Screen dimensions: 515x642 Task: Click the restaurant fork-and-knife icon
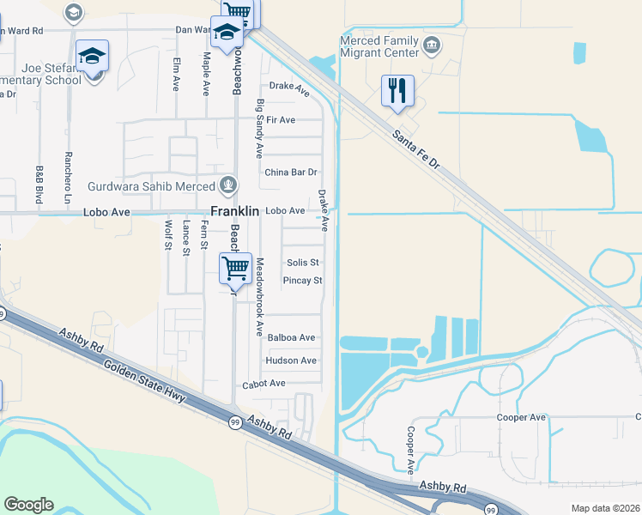tap(397, 90)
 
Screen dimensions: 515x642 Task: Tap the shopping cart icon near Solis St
tap(235, 268)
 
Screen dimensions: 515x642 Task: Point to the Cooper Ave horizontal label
tap(521, 417)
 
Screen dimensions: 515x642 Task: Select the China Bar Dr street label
tap(291, 172)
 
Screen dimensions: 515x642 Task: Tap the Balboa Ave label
tap(291, 338)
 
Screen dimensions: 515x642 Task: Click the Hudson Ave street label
tap(291, 360)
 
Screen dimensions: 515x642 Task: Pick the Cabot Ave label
tap(263, 384)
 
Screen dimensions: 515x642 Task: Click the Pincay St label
tap(302, 281)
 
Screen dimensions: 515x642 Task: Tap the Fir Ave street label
tap(281, 120)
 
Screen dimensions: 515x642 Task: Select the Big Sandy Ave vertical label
tap(259, 129)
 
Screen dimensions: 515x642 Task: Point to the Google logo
tap(27, 505)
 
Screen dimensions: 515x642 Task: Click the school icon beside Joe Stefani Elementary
tap(93, 58)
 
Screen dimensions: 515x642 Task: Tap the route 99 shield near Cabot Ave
tap(234, 422)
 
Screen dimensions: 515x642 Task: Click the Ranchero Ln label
tap(68, 173)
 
